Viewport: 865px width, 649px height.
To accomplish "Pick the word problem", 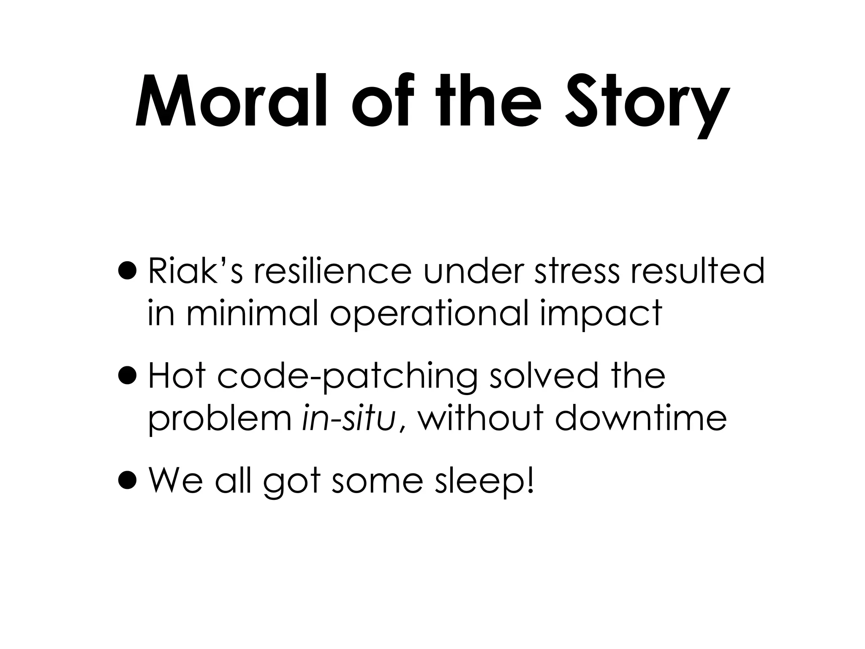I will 220,420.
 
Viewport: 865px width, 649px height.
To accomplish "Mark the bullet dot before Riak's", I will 128,271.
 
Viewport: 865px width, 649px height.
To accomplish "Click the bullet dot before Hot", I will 128,376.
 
